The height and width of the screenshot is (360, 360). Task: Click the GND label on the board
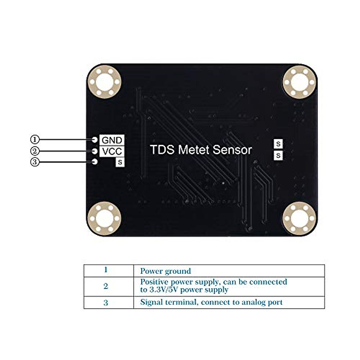click(112, 140)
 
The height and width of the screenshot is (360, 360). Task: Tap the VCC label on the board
click(112, 151)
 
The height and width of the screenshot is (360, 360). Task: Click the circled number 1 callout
click(35, 139)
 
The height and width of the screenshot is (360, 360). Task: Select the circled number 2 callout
click(35, 151)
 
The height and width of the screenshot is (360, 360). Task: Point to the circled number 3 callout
click(35, 162)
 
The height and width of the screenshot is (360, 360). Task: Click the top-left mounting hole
click(104, 81)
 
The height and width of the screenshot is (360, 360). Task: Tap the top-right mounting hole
click(300, 82)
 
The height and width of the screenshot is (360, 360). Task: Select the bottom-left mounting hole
click(104, 218)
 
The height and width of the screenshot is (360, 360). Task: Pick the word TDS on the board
click(162, 150)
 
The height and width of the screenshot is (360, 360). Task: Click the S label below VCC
click(120, 162)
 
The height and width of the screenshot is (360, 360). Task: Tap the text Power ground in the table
click(165, 271)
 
